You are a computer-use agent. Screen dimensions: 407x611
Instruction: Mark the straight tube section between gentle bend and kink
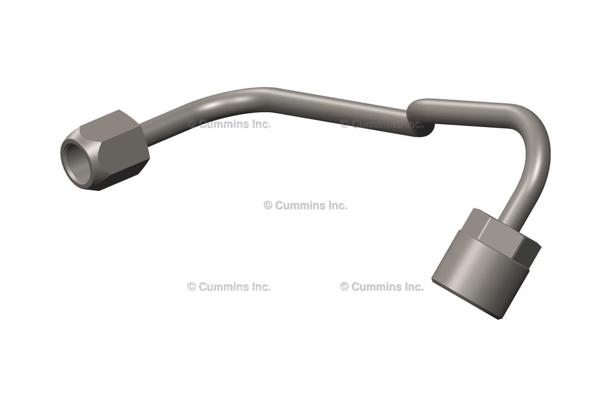point(334,104)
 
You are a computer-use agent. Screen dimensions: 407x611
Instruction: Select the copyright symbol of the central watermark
point(268,205)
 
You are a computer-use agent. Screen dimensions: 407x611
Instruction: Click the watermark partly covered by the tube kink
point(382,124)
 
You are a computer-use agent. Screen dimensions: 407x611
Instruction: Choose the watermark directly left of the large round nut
point(382,286)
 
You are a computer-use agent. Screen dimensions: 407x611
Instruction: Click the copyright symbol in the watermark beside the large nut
point(344,286)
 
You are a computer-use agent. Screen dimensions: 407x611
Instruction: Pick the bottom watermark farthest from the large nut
point(229,286)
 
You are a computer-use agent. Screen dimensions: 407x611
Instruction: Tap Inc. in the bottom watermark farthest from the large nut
point(261,286)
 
